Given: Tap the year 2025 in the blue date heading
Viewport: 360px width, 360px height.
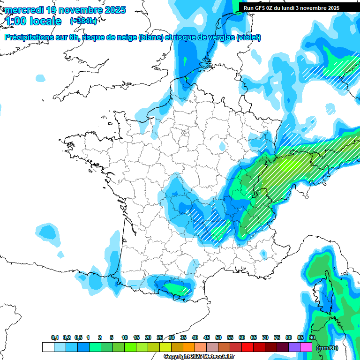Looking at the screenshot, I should (114, 10).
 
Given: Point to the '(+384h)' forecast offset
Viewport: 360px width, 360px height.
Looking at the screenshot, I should (83, 21).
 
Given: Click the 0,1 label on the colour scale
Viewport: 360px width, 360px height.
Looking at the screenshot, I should (54, 337).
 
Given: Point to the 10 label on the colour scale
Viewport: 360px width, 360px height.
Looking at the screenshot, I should (124, 337).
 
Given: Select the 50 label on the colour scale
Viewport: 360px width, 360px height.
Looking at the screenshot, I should (218, 337).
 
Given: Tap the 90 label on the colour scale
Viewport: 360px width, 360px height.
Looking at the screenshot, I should (312, 337).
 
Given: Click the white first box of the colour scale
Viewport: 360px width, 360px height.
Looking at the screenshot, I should (48, 347).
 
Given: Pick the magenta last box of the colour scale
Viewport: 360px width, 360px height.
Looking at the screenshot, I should (306, 347).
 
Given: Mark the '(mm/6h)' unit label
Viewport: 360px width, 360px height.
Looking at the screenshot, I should (327, 348).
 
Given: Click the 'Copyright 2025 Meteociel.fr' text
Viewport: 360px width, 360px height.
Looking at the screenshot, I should (199, 357).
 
